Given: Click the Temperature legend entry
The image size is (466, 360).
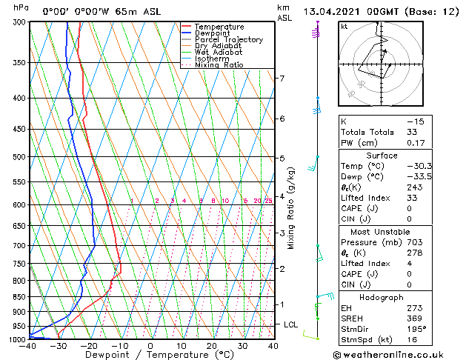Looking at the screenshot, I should click(219, 27).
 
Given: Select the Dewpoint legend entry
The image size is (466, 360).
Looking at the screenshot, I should click(215, 33).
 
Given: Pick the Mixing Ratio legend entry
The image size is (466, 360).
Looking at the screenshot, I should click(219, 65).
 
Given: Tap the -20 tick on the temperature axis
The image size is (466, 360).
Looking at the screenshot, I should click(89, 346).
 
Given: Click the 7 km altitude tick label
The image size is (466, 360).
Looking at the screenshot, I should click(282, 79).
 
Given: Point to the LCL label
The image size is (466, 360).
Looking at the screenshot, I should click(290, 324).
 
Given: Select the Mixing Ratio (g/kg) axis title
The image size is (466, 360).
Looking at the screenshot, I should click(291, 207).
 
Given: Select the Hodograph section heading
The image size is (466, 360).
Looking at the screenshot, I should click(382, 296).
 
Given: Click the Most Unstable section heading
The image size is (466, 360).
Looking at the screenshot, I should click(382, 230).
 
